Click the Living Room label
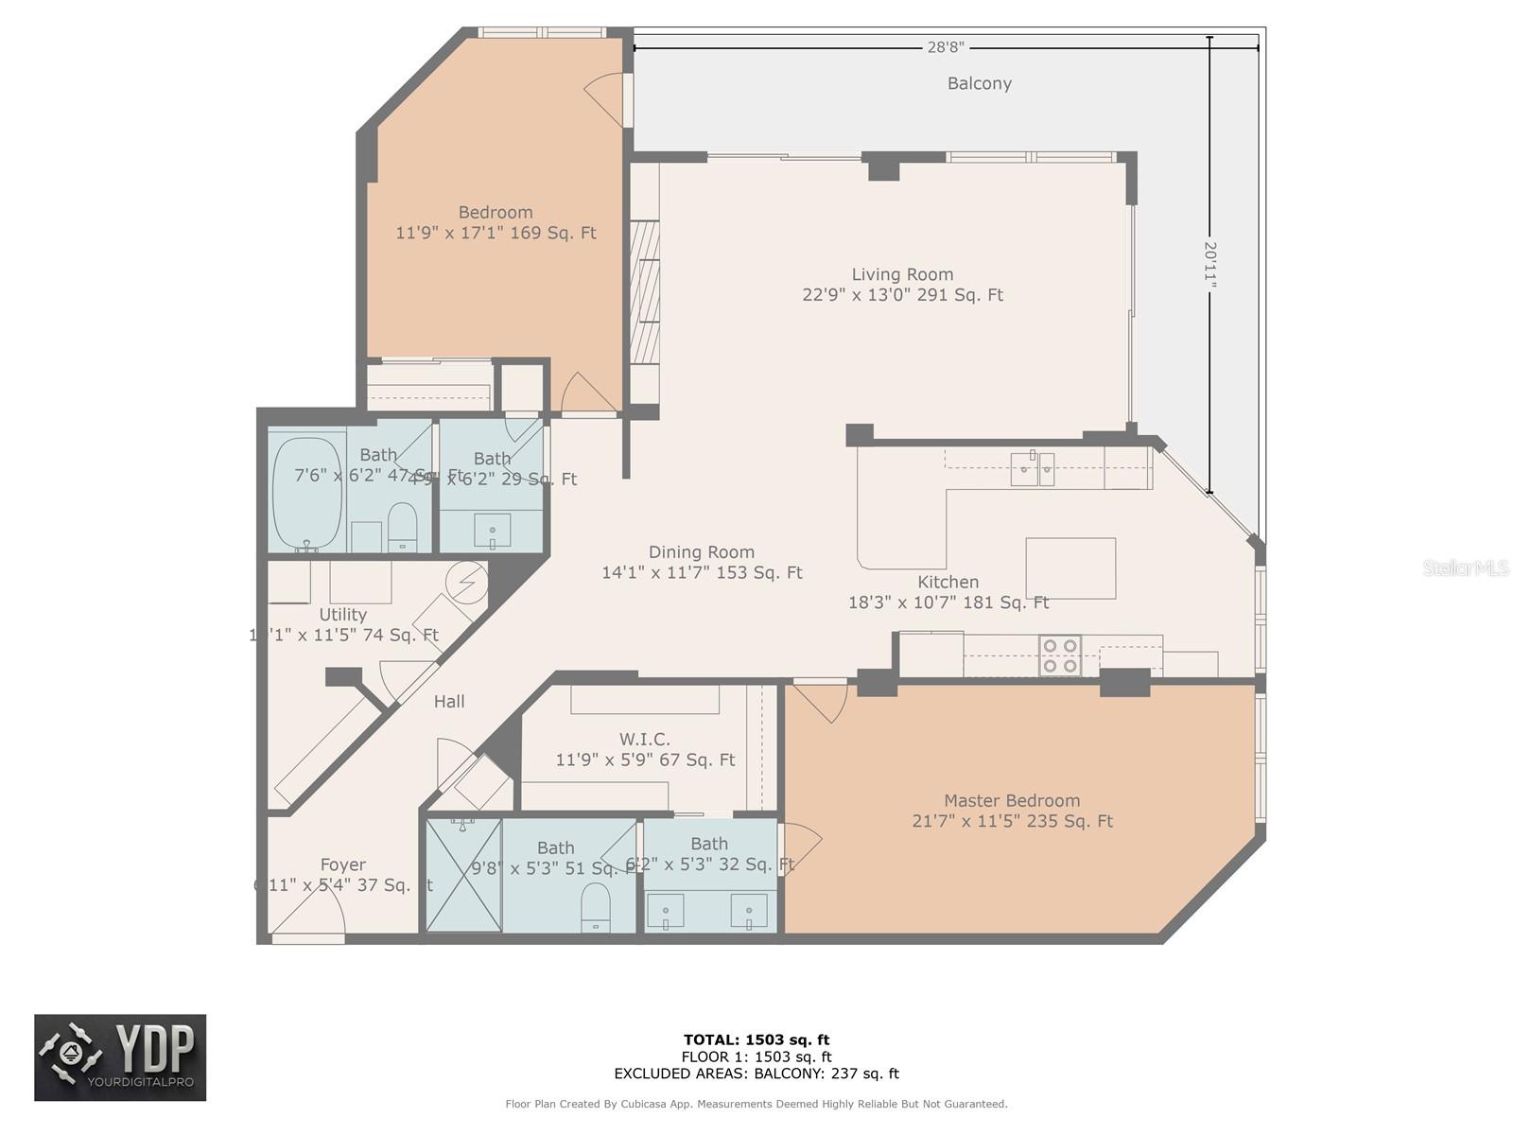point(902,275)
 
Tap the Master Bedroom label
point(1011,801)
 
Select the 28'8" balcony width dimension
point(945,46)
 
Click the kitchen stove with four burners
point(1060,655)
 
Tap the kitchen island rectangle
point(1070,568)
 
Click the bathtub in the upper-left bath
point(307,492)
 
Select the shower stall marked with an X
point(463,876)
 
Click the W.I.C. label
point(645,739)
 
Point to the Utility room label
point(342,615)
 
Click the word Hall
point(449,702)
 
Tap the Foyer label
point(342,864)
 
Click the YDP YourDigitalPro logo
point(120,1057)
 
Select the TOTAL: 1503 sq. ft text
point(756,1039)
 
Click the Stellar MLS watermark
point(1466,567)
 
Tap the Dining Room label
point(702,552)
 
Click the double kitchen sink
point(1032,469)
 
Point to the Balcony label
point(980,83)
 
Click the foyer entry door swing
point(310,914)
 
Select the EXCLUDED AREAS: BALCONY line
point(756,1074)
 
